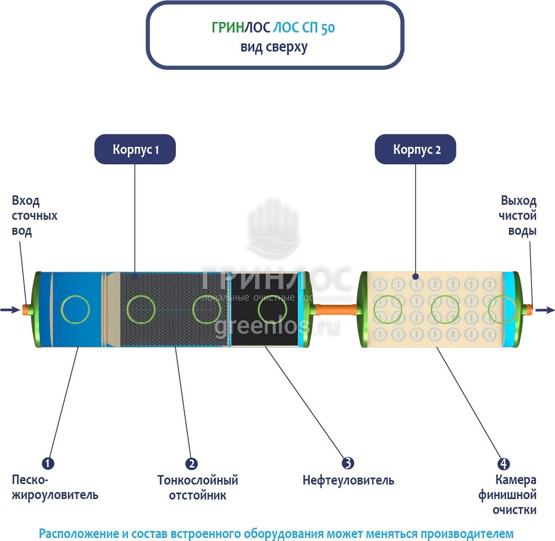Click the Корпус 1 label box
click(x=135, y=149)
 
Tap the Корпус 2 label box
click(x=416, y=149)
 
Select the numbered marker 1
click(x=48, y=464)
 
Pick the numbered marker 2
click(x=191, y=464)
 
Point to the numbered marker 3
click(x=348, y=463)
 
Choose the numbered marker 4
click(x=504, y=464)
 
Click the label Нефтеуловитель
click(x=348, y=481)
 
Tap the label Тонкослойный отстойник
click(x=197, y=488)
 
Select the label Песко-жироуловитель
click(x=55, y=488)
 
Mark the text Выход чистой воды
click(x=519, y=216)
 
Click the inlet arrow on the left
click(x=9, y=310)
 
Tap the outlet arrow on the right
click(x=545, y=310)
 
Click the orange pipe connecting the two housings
click(x=335, y=310)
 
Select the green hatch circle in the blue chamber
click(x=75, y=309)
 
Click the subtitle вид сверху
click(x=274, y=47)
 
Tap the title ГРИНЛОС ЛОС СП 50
click(x=274, y=28)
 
